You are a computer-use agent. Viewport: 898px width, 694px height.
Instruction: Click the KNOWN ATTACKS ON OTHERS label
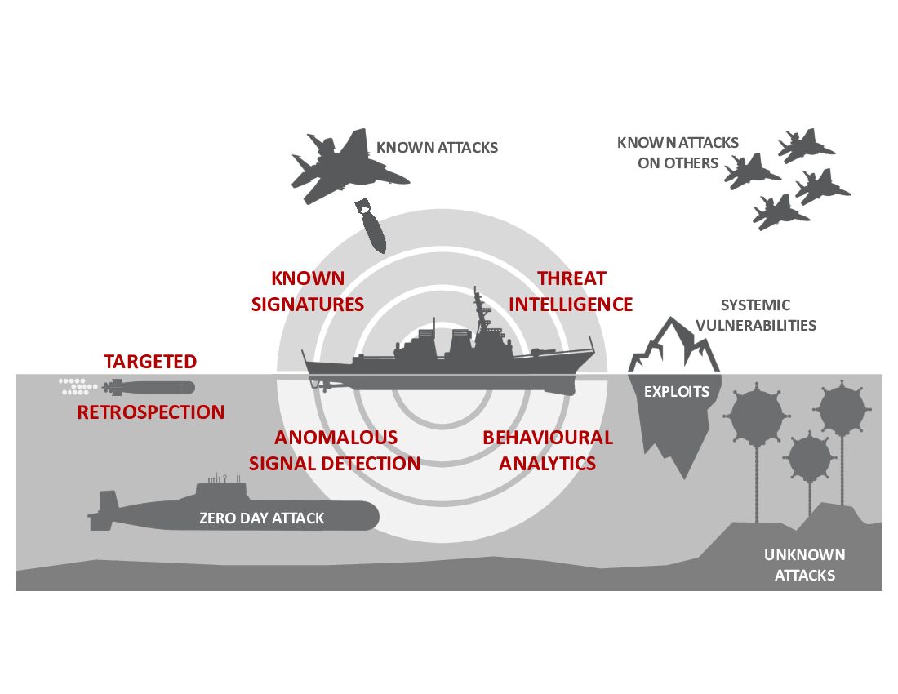678,153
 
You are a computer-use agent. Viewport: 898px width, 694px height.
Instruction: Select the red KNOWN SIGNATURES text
308,291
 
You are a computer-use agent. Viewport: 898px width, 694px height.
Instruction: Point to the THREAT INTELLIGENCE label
571,291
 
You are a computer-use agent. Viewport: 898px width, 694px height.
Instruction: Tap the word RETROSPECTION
150,412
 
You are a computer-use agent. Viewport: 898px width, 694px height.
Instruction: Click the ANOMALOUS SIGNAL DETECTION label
335,450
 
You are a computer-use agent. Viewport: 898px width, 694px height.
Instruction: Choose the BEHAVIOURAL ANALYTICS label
547,450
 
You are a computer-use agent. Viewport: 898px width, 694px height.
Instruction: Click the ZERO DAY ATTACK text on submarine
261,518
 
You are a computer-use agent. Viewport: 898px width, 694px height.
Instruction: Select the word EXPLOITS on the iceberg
677,392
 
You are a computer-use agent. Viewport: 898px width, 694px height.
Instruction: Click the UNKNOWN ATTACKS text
804,565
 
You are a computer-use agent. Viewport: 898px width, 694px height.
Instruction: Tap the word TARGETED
150,362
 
